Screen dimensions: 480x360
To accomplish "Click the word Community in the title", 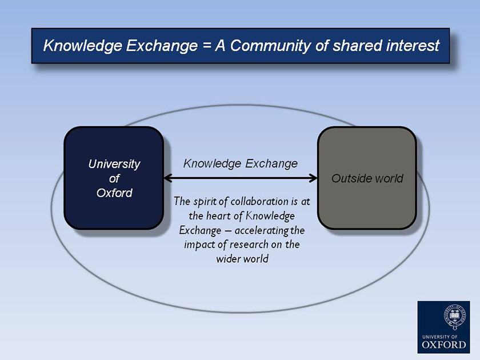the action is point(270,46).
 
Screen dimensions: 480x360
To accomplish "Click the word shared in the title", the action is point(357,45).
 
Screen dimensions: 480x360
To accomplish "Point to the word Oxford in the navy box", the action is point(114,193).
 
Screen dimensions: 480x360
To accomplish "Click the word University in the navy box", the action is point(114,165).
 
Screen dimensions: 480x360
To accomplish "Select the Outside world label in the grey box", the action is point(367,178).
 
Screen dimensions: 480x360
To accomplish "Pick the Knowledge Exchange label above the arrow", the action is point(241,164).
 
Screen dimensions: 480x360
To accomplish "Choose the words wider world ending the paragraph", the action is point(242,259).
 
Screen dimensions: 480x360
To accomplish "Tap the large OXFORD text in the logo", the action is point(444,345).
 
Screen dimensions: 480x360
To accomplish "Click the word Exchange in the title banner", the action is point(162,46).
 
